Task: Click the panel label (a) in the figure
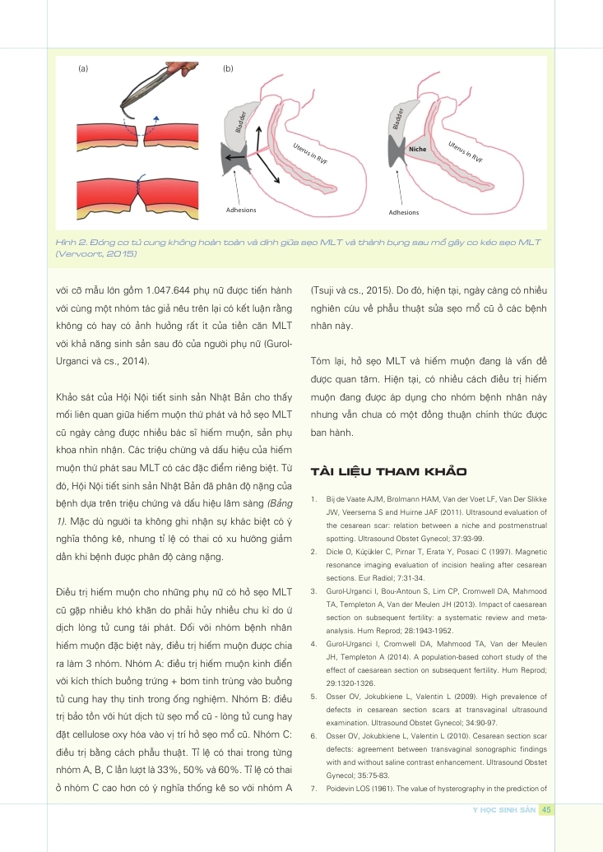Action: (83, 69)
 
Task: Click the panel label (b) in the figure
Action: (228, 69)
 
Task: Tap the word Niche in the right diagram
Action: (417, 149)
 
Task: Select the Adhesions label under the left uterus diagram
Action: (241, 210)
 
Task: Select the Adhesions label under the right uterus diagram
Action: (403, 212)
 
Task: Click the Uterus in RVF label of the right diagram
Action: (466, 149)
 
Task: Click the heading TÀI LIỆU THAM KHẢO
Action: (387, 471)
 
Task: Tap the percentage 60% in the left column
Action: (253, 749)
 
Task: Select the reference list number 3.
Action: (315, 592)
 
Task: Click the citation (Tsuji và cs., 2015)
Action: (350, 290)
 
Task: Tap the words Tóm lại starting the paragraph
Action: (329, 363)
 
